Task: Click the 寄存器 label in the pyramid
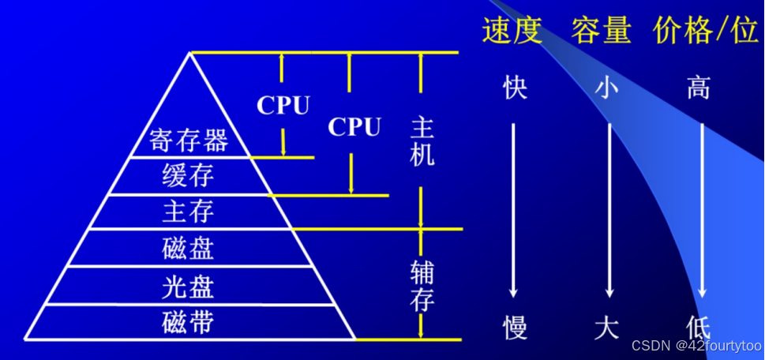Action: pyautogui.click(x=189, y=141)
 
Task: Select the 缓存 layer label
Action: pyautogui.click(x=188, y=176)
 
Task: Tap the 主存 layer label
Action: pyautogui.click(x=188, y=212)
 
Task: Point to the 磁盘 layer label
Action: pyautogui.click(x=188, y=249)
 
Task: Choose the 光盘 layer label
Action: pyautogui.click(x=188, y=285)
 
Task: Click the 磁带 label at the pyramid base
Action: pyautogui.click(x=188, y=322)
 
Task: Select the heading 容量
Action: pyautogui.click(x=602, y=31)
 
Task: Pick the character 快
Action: pyautogui.click(x=515, y=88)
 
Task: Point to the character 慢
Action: pyautogui.click(x=515, y=325)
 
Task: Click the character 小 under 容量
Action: pyautogui.click(x=606, y=88)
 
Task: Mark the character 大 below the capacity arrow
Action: pyautogui.click(x=606, y=325)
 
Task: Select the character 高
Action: pyautogui.click(x=699, y=88)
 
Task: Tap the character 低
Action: pyautogui.click(x=699, y=325)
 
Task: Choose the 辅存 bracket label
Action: pyautogui.click(x=422, y=284)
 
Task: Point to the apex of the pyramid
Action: pyautogui.click(x=190, y=53)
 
